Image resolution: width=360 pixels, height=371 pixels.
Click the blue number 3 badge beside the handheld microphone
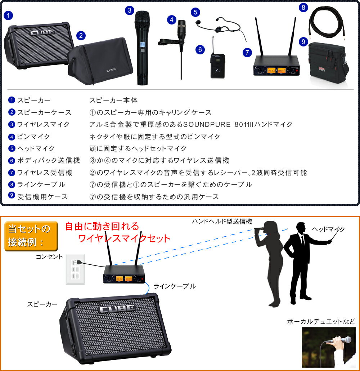click(129, 10)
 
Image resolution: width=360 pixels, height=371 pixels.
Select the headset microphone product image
click(221, 28)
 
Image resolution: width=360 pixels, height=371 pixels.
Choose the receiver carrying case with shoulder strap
click(329, 63)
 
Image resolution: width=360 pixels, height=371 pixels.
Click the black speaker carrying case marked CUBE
click(100, 61)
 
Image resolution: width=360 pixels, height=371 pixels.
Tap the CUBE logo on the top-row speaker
click(42, 32)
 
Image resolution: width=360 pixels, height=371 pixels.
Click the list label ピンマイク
click(33, 137)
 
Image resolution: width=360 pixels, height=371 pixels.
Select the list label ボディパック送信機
click(49, 160)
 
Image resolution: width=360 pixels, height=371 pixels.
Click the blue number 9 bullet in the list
click(12, 195)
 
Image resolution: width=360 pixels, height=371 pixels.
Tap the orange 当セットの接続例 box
click(31, 236)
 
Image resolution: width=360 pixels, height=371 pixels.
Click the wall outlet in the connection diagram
click(75, 269)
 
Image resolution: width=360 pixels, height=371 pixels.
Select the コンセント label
click(49, 257)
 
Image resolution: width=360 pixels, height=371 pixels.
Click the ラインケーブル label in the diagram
click(175, 286)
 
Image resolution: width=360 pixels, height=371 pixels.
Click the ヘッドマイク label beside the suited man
click(328, 229)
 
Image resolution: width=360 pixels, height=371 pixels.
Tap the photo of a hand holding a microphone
click(329, 347)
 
